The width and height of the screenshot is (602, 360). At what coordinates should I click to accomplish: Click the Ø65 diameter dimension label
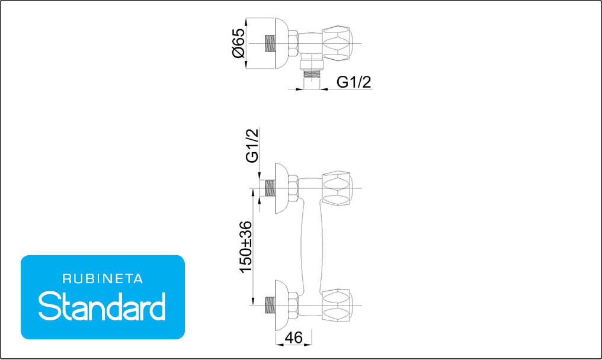point(238,43)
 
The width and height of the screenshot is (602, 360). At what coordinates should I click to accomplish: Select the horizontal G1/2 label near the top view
point(354,82)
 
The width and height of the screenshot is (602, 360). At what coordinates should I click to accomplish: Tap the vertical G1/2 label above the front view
point(252,146)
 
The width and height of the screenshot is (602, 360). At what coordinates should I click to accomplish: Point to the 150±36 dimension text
point(246,247)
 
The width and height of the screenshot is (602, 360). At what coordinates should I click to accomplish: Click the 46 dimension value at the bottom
point(294,337)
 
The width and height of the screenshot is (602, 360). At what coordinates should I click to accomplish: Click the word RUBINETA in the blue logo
point(103,279)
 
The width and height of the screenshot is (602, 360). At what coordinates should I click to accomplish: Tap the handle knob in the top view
point(337,43)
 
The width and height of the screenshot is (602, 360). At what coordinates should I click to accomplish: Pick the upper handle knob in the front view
point(337,188)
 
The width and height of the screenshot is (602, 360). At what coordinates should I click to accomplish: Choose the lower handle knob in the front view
point(337,305)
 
